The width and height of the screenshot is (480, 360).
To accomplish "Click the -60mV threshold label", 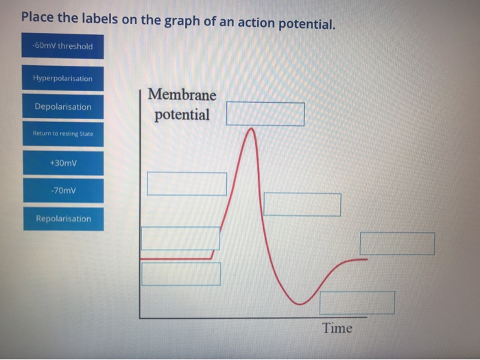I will tap(62, 47).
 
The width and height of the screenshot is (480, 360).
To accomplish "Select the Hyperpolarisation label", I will tap(62, 78).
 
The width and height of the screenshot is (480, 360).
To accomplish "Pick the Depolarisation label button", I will tap(62, 107).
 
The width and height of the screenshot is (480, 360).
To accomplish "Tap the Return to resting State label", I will tap(62, 134).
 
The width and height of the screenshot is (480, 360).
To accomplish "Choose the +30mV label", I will tap(62, 163).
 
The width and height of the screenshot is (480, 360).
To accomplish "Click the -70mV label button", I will tap(62, 191).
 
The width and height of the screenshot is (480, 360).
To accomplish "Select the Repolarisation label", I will tap(62, 219).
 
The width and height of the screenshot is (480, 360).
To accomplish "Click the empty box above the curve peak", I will tap(265, 115).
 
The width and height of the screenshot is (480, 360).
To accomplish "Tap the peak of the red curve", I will tap(252, 129).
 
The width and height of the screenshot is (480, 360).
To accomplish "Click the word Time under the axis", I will tap(337, 328).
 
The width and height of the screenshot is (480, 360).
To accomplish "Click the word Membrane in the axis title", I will tap(182, 95).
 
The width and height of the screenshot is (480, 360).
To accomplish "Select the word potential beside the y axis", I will tap(182, 115).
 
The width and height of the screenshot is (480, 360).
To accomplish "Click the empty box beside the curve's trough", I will tap(357, 302).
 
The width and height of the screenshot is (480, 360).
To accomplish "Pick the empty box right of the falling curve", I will tap(302, 204).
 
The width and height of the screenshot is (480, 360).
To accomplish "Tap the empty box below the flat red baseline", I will tap(181, 274).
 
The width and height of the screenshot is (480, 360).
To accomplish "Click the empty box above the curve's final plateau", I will tap(397, 243).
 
